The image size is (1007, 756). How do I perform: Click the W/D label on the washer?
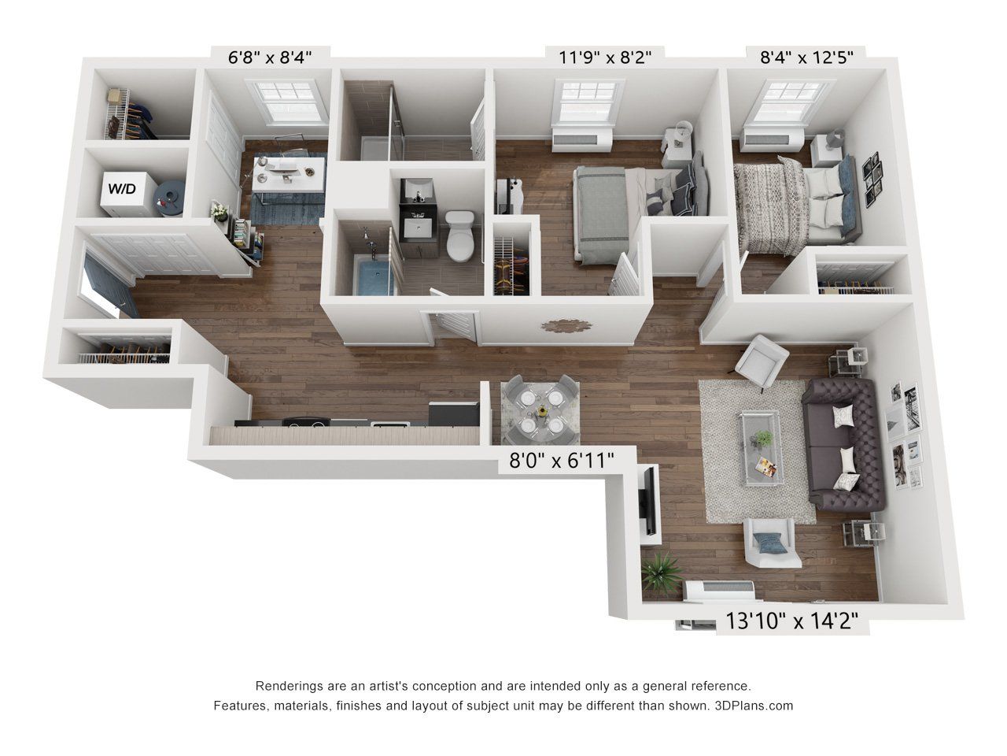[120, 189]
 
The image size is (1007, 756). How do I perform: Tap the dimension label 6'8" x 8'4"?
[270, 57]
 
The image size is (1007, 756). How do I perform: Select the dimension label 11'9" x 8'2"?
[605, 57]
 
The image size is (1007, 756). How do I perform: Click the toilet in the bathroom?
[459, 236]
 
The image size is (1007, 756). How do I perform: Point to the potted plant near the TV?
[659, 570]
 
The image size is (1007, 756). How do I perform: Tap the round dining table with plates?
[541, 409]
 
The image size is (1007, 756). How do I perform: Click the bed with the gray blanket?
[622, 206]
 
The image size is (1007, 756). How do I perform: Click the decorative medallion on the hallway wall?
[559, 326]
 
